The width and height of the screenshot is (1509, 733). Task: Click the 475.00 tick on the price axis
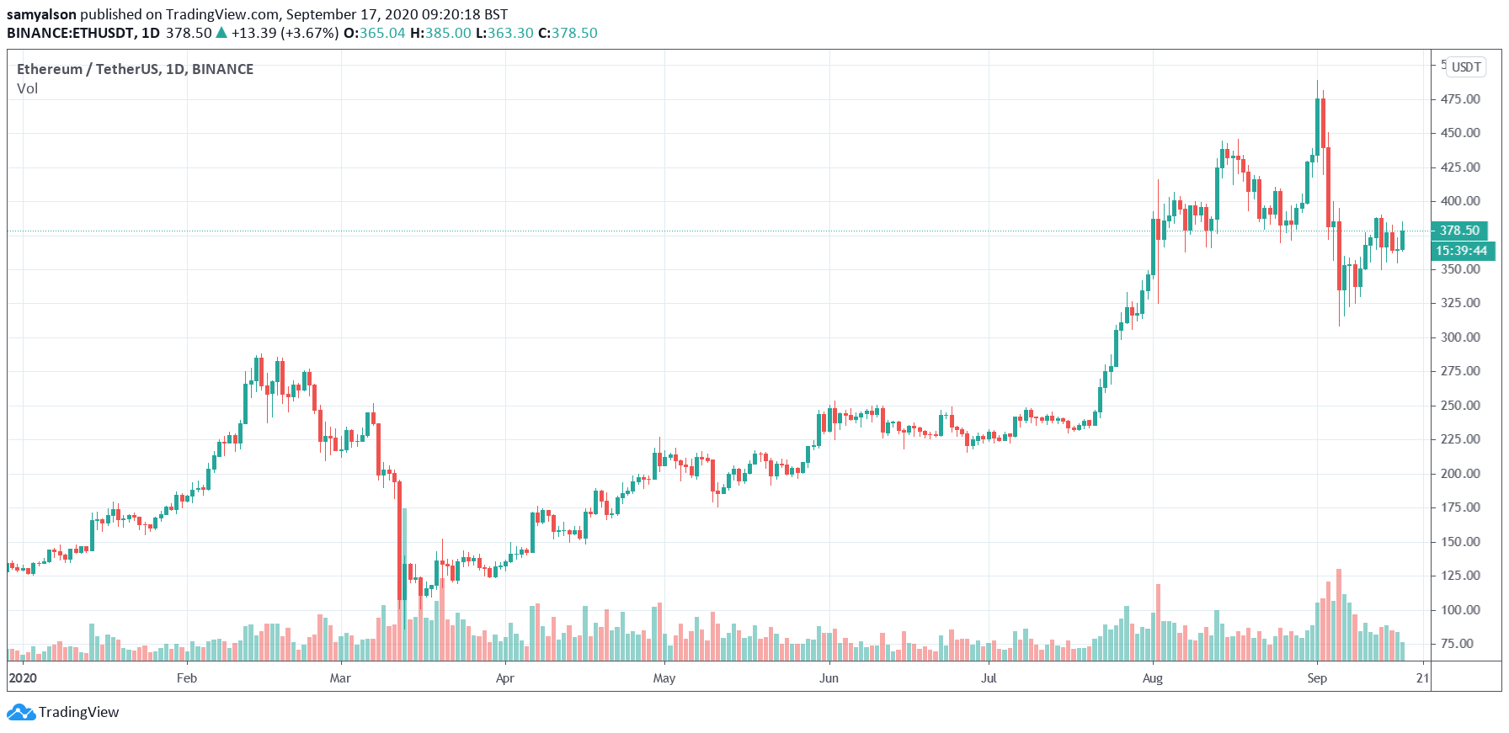[x=1460, y=99]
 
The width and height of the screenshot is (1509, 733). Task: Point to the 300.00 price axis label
[x=1460, y=337]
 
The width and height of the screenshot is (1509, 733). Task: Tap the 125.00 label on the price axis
[x=1460, y=576]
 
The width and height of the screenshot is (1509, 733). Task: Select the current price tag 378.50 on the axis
[x=1459, y=231]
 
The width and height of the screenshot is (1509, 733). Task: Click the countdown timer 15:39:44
[x=1462, y=251]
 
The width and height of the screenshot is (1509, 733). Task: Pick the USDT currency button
[x=1466, y=67]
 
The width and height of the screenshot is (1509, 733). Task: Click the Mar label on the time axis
[x=340, y=678]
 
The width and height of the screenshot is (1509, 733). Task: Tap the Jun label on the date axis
[x=829, y=678]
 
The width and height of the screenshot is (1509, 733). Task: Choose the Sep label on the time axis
[x=1317, y=678]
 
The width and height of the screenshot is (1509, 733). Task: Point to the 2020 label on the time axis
[x=23, y=678]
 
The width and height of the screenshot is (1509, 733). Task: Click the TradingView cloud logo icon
[x=21, y=713]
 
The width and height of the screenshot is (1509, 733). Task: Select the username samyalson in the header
[x=41, y=14]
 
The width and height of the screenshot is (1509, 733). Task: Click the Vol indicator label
[x=28, y=89]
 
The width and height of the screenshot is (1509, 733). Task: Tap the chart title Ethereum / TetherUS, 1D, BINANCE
[x=135, y=69]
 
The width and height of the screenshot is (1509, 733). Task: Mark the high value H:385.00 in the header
[x=440, y=34]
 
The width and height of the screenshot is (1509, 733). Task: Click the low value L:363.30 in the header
[x=504, y=34]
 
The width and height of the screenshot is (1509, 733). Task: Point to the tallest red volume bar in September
[x=1339, y=614]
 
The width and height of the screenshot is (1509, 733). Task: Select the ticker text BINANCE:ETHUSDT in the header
[x=71, y=34]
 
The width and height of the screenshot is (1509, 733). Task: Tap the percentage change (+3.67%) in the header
[x=310, y=34]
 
